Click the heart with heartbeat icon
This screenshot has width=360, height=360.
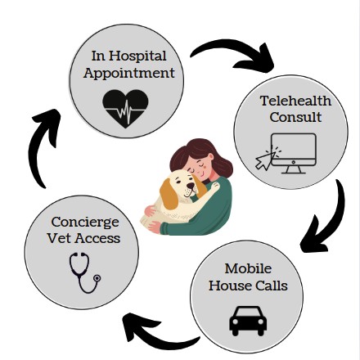tap(125, 109)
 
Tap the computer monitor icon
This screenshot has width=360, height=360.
tap(294, 153)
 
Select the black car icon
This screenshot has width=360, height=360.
tap(248, 321)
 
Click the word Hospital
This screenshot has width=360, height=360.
tap(137, 57)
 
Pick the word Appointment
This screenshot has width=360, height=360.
tap(129, 74)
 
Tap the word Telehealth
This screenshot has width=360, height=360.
tap(295, 101)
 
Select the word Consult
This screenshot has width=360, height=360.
tap(295, 117)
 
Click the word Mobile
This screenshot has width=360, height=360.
tap(248, 268)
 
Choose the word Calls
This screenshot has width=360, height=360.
tap(272, 286)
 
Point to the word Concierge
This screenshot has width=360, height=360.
tap(85, 223)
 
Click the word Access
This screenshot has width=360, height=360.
tap(97, 238)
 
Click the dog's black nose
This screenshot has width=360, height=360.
tap(191, 186)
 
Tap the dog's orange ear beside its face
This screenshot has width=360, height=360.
tap(169, 194)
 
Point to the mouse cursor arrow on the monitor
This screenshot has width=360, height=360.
tap(264, 161)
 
